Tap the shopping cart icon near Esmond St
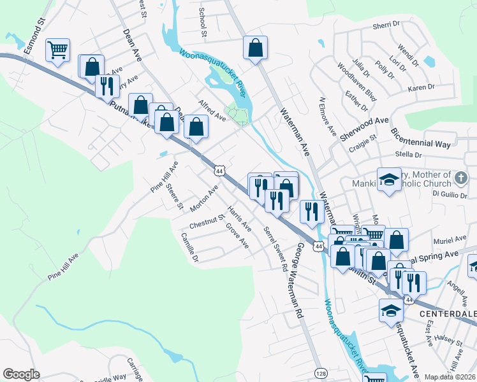pyautogui.click(x=58, y=50)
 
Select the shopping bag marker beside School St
pyautogui.click(x=255, y=47)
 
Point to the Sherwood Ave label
pyautogui.click(x=364, y=128)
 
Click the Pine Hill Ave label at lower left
pyautogui.click(x=62, y=267)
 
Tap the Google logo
pyautogui.click(x=21, y=374)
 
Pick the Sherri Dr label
pyautogui.click(x=385, y=25)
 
